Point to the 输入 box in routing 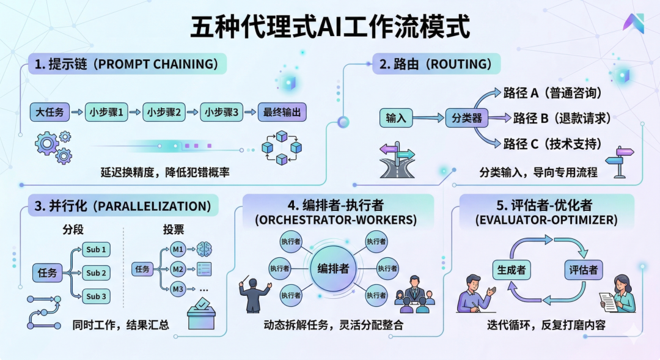click(x=396, y=117)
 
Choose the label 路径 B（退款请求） click(x=562, y=118)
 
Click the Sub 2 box click(x=97, y=273)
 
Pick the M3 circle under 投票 click(x=178, y=288)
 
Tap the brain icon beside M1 click(x=205, y=249)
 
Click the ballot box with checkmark click(x=201, y=315)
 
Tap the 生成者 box click(x=512, y=270)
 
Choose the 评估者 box click(x=582, y=270)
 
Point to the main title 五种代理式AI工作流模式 click(x=331, y=28)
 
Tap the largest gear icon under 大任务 click(x=46, y=144)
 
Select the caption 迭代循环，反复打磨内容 click(x=546, y=325)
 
